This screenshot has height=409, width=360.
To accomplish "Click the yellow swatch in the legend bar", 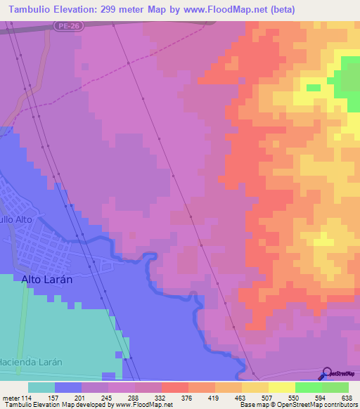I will click(281, 387).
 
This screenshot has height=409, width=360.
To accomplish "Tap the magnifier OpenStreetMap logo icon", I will click(326, 373).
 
